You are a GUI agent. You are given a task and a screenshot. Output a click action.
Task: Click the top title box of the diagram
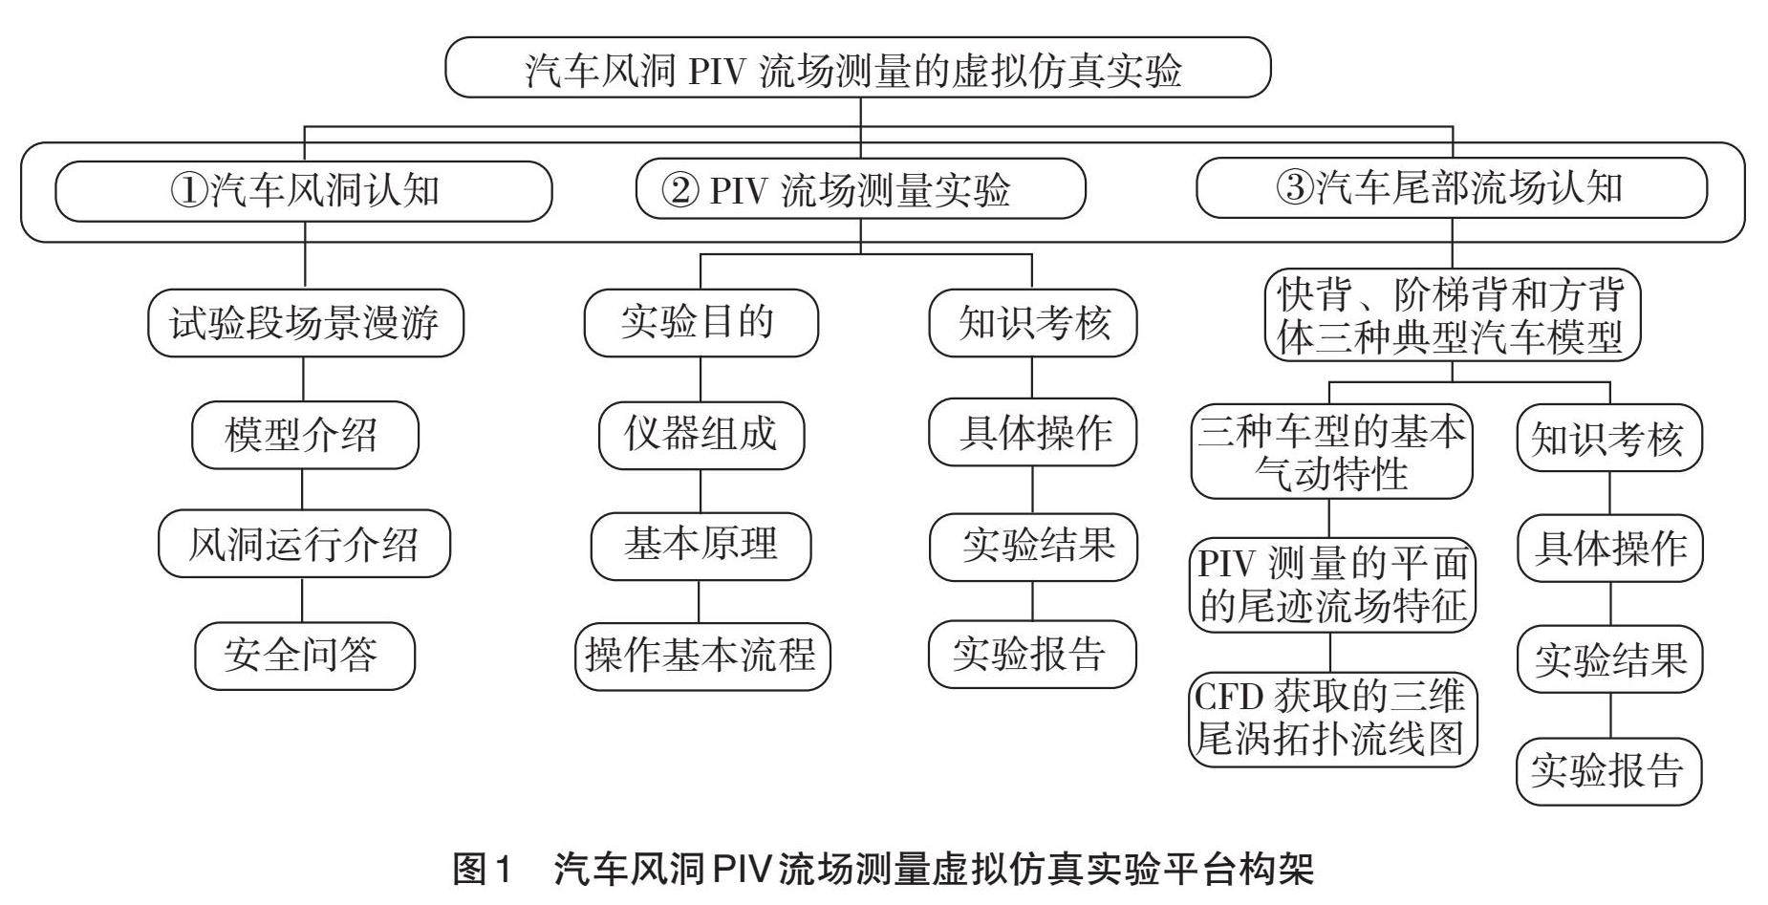857,68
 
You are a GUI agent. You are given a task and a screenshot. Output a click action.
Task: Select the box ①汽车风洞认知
303,191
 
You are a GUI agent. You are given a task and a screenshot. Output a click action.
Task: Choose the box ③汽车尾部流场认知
1450,187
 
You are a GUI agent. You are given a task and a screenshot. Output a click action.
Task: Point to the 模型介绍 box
304,435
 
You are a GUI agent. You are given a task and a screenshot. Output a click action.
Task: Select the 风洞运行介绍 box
304,544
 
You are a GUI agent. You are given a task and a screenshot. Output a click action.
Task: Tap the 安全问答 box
304,656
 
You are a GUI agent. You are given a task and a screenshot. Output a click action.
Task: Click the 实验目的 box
701,323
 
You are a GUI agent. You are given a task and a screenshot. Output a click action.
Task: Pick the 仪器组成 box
701,435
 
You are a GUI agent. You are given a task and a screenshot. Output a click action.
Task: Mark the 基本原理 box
701,545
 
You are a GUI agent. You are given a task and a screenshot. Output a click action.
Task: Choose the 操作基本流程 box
701,656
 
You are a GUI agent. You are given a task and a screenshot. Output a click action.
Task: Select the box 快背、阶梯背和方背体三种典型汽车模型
1452,315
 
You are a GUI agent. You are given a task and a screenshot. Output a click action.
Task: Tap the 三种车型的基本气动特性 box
1331,451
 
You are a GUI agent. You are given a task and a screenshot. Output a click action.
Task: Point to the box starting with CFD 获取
1331,719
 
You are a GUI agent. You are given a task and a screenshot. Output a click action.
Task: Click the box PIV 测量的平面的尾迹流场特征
1332,585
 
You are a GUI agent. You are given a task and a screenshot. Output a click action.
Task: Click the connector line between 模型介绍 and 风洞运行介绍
303,489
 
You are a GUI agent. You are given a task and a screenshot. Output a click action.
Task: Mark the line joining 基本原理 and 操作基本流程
699,601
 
